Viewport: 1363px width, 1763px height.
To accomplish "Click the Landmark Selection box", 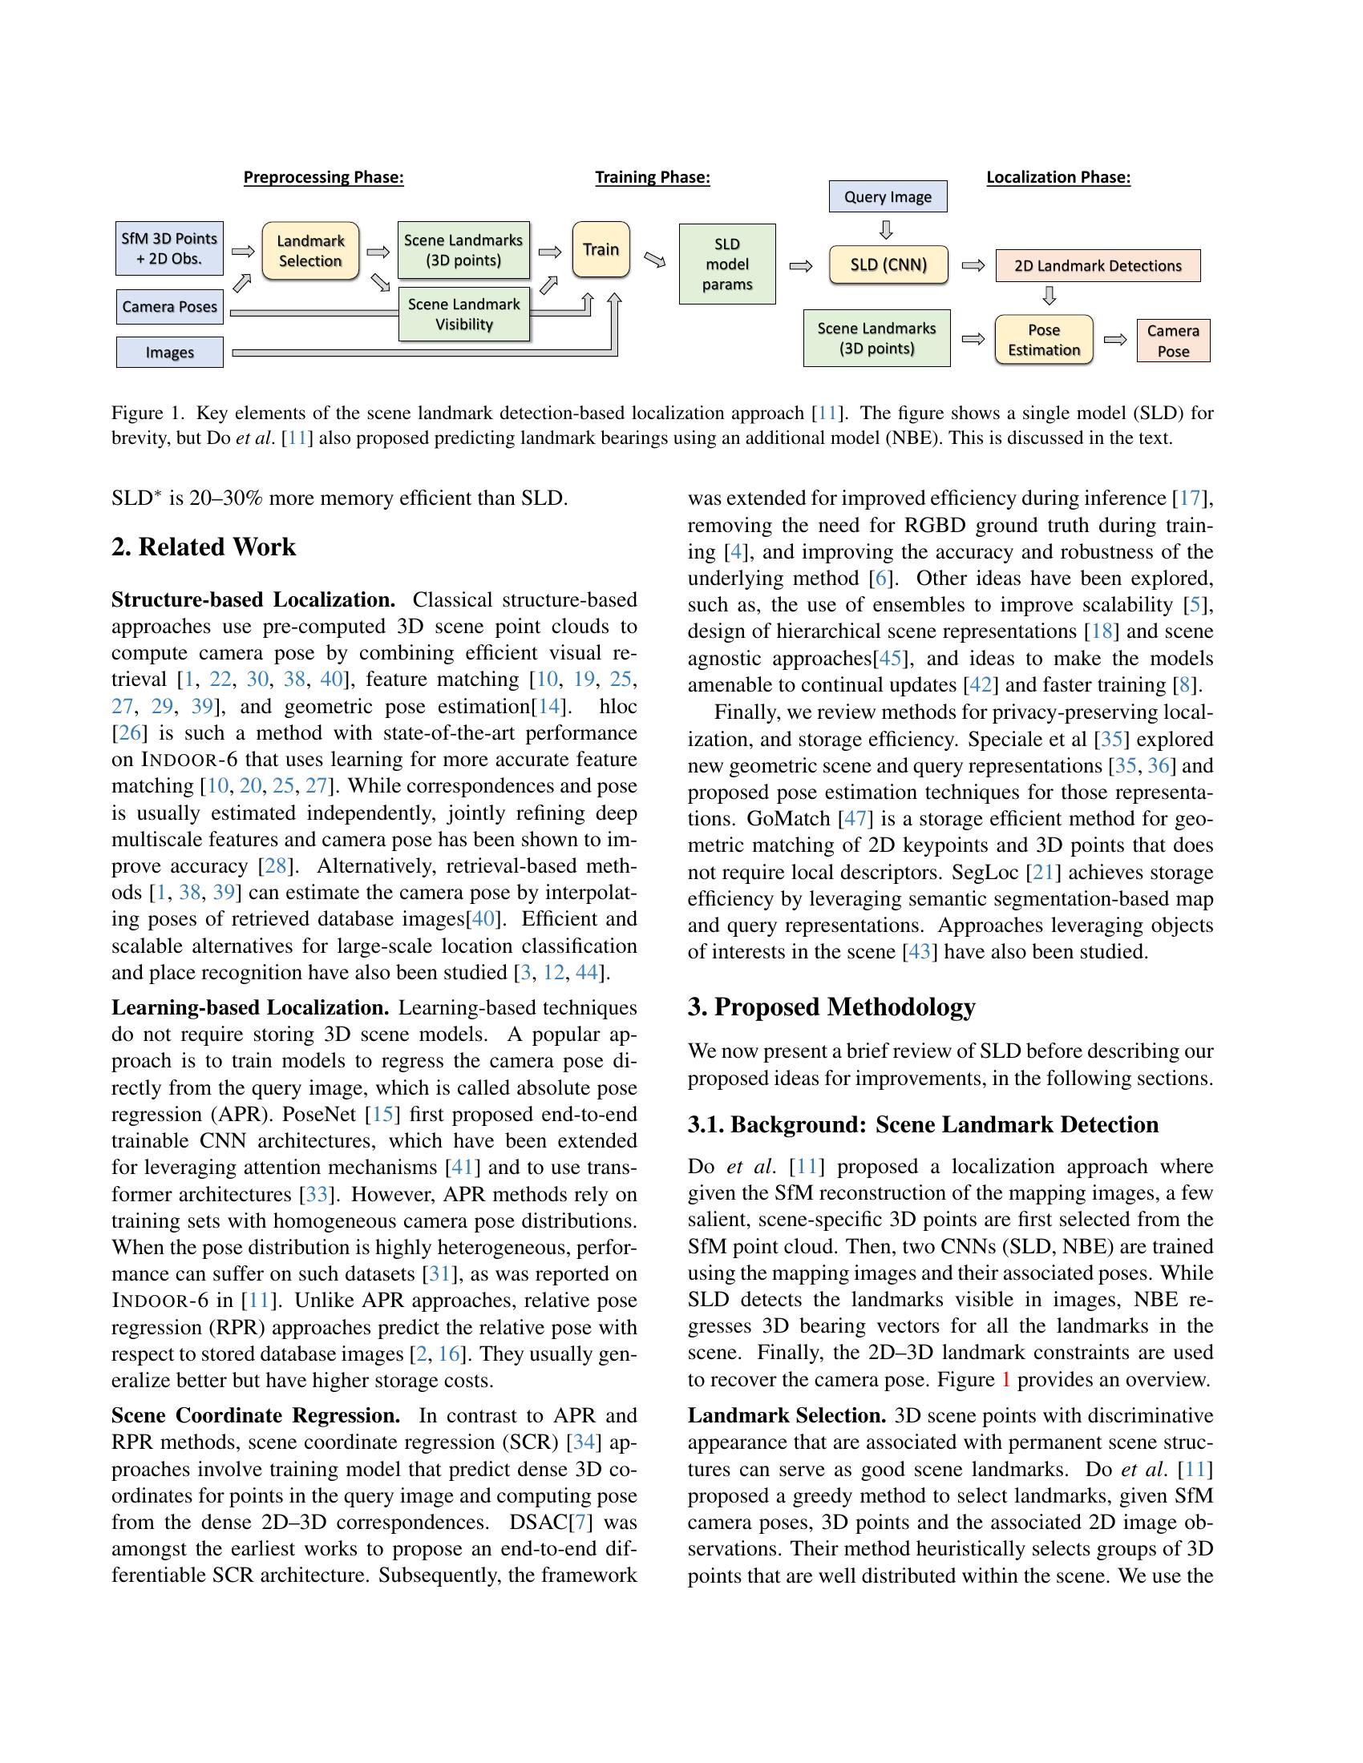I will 310,251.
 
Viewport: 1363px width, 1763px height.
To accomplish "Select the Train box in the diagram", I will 601,249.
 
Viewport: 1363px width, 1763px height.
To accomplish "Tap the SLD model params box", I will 726,264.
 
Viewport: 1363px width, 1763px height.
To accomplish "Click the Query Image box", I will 888,197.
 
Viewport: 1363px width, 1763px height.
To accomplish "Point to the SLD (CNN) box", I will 888,264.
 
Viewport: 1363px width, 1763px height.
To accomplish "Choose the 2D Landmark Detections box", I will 1098,265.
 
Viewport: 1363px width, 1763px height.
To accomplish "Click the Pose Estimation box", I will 1043,340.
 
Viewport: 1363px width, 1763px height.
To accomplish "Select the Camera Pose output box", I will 1172,341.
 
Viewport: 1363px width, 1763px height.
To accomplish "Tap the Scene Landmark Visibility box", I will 463,314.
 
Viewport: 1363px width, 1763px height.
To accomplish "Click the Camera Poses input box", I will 169,307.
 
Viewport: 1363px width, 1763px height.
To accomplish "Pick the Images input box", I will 169,353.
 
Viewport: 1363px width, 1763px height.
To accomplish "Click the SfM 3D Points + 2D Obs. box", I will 169,248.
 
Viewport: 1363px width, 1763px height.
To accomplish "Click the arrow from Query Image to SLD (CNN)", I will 886,230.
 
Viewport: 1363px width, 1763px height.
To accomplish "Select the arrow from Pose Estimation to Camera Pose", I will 1115,340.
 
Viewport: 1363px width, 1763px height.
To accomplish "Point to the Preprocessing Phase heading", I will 323,178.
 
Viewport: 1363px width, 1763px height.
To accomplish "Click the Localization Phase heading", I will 1058,178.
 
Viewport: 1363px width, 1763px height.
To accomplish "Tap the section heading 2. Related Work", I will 204,547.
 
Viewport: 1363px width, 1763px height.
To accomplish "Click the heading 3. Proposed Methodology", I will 831,1007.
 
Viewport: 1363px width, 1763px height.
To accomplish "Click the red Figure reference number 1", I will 1005,1380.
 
